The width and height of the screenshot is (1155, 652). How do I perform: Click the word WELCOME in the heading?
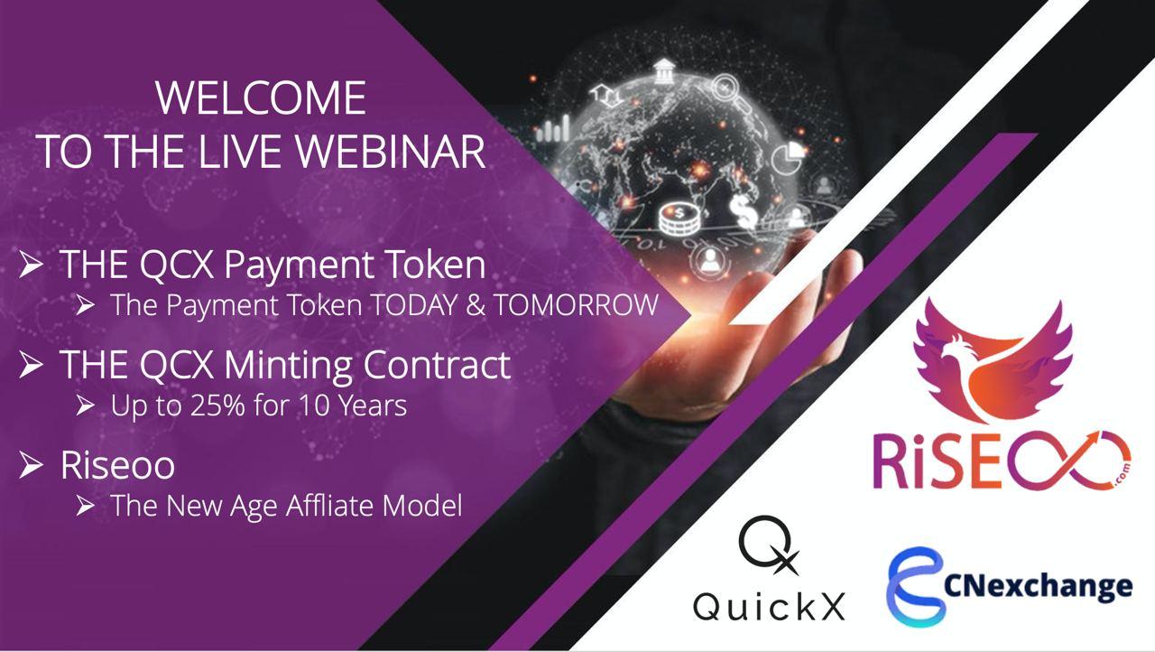pyautogui.click(x=261, y=98)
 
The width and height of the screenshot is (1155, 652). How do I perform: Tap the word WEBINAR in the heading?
pyautogui.click(x=391, y=151)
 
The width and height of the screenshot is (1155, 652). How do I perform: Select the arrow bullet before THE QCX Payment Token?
pyautogui.click(x=32, y=264)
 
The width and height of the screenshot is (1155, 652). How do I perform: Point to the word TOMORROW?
pyautogui.click(x=576, y=304)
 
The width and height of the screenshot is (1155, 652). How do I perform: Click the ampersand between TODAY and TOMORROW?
pyautogui.click(x=476, y=304)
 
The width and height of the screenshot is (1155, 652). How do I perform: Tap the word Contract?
pyautogui.click(x=438, y=364)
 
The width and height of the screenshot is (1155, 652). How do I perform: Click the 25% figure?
pyautogui.click(x=217, y=405)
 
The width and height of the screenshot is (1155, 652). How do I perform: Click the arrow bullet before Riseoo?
pyautogui.click(x=32, y=464)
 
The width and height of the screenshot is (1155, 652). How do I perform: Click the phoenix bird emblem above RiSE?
pyautogui.click(x=993, y=361)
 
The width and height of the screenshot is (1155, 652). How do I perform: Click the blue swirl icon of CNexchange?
pyautogui.click(x=916, y=587)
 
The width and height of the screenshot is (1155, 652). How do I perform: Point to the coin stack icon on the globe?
pyautogui.click(x=680, y=219)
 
